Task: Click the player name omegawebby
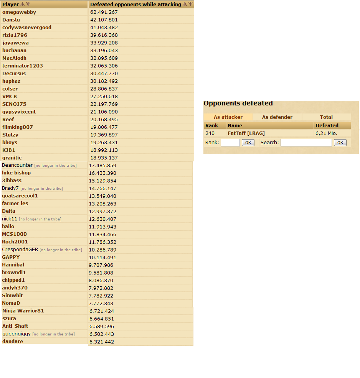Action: pos(19,12)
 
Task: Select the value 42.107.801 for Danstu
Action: pos(104,20)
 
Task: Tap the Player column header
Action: pos(10,5)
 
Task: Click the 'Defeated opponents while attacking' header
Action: pos(135,5)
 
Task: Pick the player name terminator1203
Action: pos(23,66)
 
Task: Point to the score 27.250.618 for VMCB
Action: pos(104,97)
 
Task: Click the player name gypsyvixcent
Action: pos(19,112)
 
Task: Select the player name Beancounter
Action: pos(17,165)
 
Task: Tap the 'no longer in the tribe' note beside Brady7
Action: pos(41,189)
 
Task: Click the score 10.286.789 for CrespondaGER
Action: pos(102,250)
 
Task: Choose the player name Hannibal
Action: pos(13,265)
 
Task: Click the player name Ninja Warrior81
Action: pos(23,311)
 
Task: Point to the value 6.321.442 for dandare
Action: pos(101,342)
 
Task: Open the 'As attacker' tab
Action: pos(228,117)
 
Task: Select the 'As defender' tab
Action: pos(277,117)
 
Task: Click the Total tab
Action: pos(326,117)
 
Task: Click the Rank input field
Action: pos(230,143)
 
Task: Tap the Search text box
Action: pos(306,143)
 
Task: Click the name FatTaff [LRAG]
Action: pos(246,133)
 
